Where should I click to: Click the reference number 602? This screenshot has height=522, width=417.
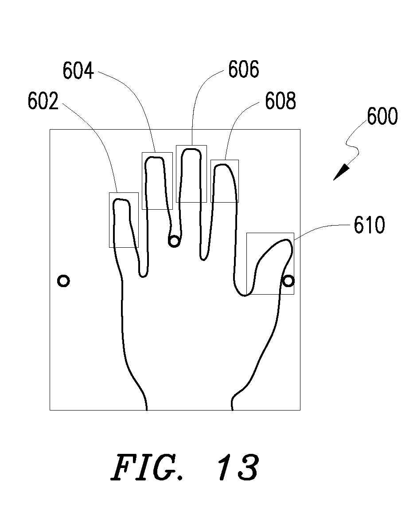coord(43,101)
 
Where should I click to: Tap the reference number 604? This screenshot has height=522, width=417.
coord(78,71)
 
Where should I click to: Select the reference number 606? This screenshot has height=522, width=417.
coord(244,69)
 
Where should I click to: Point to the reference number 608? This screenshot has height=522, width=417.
coord(280,101)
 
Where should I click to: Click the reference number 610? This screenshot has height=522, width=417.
coord(369,225)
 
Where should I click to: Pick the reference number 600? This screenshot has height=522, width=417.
coord(382,116)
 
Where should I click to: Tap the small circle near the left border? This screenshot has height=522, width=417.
coord(63,281)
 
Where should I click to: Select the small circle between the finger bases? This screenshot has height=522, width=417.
coord(174,241)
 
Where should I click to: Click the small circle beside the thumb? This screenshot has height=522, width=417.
coord(288,281)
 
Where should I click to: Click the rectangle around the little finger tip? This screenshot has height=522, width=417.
coord(109,220)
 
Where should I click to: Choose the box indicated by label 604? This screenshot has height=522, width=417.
coord(142,181)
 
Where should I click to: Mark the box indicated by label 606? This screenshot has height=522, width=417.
coord(176,173)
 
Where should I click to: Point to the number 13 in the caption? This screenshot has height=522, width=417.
coord(239,468)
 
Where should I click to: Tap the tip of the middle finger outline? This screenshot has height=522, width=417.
coord(191,149)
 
